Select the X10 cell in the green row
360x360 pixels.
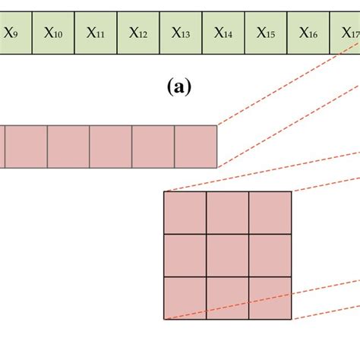coord(53,32)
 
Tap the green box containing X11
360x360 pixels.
coord(96,32)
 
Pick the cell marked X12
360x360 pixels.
coord(138,32)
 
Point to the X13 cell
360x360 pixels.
coord(181,32)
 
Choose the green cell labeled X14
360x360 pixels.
coord(223,32)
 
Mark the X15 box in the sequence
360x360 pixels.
coord(266,32)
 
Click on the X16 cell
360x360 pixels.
coord(308,32)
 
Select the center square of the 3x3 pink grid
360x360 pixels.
coord(228,255)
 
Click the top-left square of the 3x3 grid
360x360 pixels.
coord(185,213)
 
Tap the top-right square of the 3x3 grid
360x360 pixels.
coord(270,213)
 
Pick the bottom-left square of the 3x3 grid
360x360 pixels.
coord(185,298)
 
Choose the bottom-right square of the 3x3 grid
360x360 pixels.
coord(270,298)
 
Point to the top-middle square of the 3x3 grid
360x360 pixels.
coord(228,213)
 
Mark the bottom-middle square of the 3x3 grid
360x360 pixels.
coord(228,298)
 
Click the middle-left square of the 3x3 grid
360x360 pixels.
coord(185,255)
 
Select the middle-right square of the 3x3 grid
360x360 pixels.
coord(270,255)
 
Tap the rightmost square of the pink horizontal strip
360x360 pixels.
coord(196,147)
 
